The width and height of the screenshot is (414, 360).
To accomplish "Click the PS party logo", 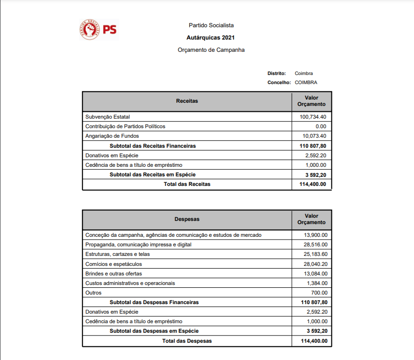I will (98, 30).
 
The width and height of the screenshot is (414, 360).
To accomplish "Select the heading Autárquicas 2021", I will (211, 38).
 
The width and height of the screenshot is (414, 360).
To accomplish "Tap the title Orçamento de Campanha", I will (211, 50).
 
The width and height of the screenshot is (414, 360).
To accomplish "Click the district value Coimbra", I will (303, 73).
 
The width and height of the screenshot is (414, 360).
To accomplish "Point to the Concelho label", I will (279, 82).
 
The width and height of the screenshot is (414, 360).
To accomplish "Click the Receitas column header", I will (187, 101).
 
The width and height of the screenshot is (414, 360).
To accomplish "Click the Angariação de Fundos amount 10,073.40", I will (314, 136).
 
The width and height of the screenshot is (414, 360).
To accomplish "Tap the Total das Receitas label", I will (187, 184).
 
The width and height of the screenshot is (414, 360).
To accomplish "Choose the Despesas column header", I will (187, 219).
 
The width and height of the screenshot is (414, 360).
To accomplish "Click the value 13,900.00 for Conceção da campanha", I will (315, 235).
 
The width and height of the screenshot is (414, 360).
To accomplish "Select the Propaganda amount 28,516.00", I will (315, 245).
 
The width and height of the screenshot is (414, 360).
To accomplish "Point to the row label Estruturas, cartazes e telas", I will (117, 254).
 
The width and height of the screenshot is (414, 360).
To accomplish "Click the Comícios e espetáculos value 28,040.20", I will (315, 264).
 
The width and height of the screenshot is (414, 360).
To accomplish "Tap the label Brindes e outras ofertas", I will (114, 274).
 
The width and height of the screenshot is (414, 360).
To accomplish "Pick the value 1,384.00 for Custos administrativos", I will (317, 283).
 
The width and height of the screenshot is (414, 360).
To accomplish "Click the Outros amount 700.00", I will (319, 293).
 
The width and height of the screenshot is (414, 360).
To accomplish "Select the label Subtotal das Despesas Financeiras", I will (154, 302).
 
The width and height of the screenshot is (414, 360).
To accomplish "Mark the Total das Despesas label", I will (187, 341).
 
